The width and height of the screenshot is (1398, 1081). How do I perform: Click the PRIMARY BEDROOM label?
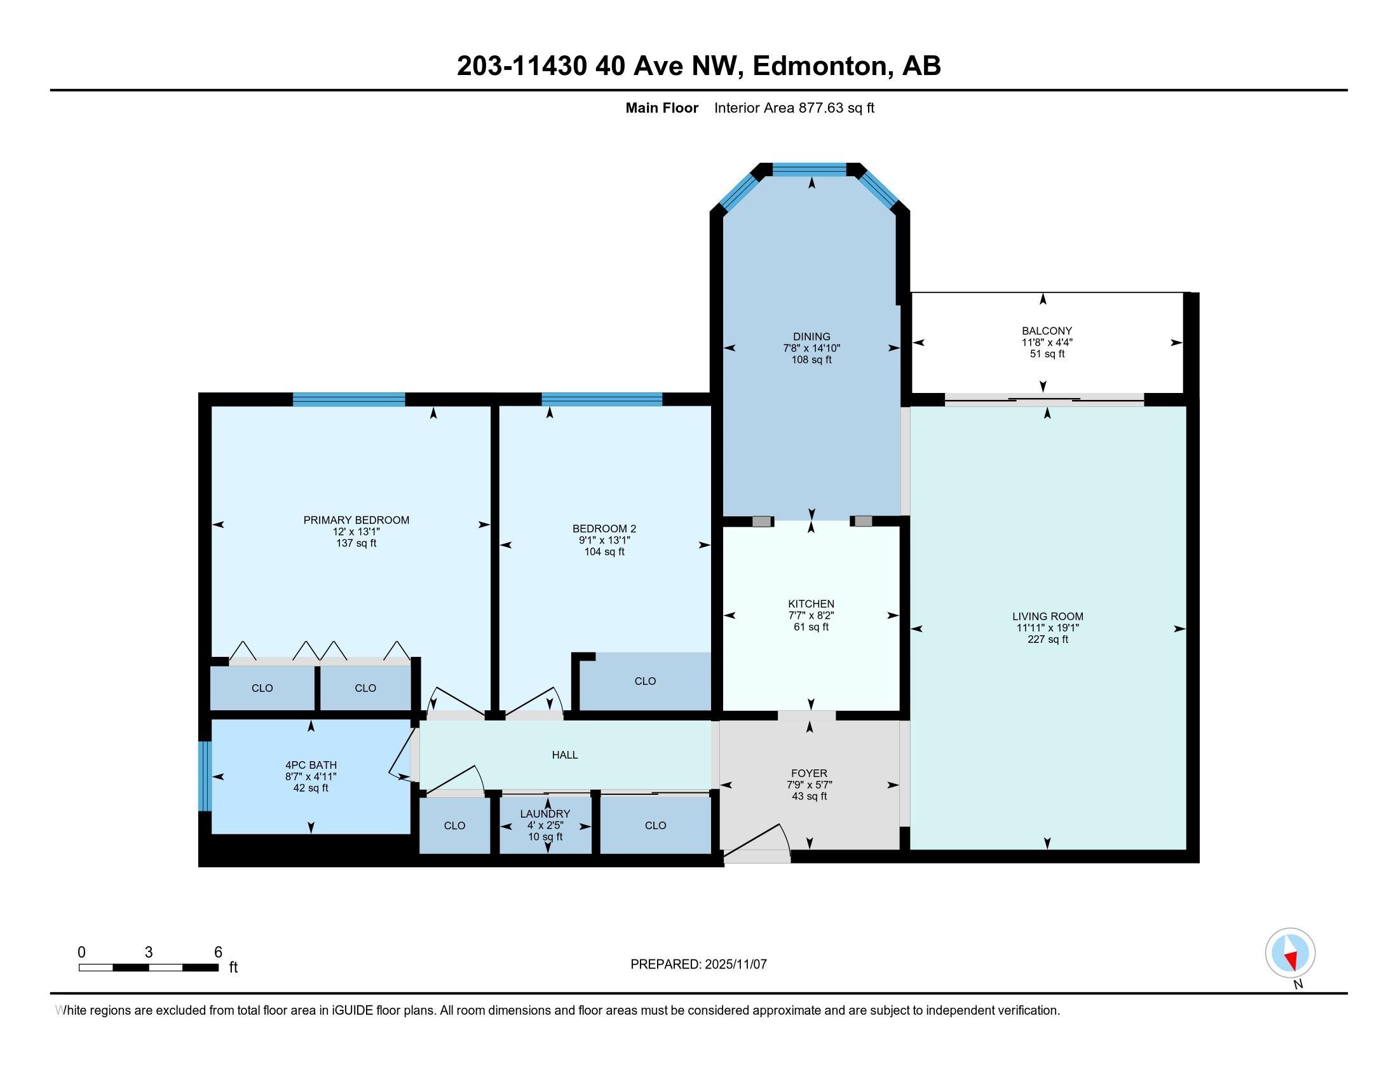tap(356, 520)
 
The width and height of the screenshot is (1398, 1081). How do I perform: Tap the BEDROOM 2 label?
tap(604, 528)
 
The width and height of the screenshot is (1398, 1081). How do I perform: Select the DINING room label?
tap(811, 336)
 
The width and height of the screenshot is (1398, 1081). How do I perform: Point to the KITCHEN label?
tap(811, 603)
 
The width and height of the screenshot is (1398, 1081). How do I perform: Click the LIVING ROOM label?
tap(1048, 616)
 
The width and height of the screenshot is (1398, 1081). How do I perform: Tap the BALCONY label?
tap(1047, 331)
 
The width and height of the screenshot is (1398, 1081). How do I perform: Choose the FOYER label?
tap(809, 773)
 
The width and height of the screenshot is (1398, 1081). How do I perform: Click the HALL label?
tap(564, 755)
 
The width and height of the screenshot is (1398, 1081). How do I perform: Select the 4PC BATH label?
tap(311, 764)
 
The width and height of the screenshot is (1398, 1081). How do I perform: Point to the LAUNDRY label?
tap(545, 813)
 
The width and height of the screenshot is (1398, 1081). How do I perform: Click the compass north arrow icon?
tap(1291, 954)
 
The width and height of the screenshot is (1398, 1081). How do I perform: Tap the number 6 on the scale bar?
tap(217, 953)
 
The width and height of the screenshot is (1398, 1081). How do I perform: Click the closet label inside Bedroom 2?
tap(645, 681)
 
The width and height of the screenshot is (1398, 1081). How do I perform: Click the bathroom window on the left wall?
tap(204, 776)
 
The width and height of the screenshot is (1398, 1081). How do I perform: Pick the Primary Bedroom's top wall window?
tap(349, 399)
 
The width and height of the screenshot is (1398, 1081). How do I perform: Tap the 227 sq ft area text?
tap(1048, 639)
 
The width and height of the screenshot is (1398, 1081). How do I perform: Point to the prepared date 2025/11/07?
tap(735, 965)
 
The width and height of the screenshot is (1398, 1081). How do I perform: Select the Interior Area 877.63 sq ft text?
tap(794, 107)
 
